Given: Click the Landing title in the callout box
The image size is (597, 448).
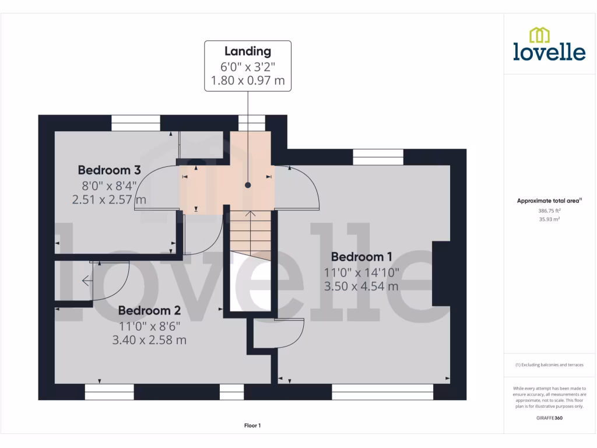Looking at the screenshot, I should click(248, 51).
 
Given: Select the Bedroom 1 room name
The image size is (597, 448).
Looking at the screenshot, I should click(361, 257).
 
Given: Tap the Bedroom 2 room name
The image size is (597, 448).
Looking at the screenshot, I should click(149, 310).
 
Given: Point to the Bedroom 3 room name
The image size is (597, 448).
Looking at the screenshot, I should click(110, 170).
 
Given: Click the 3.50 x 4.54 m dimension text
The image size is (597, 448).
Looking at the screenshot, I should click(361, 286).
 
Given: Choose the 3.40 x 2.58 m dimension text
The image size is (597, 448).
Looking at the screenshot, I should click(149, 339).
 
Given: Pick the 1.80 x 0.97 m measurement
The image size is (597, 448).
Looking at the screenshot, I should click(248, 80).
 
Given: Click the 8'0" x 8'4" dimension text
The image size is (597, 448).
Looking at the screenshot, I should click(109, 185).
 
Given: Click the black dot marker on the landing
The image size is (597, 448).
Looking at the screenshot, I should click(248, 185).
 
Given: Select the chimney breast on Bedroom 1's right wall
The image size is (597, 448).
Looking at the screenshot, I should click(441, 273).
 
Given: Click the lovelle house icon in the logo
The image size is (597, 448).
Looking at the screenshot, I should click(539, 35).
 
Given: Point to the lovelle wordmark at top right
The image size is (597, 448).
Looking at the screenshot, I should click(549, 51).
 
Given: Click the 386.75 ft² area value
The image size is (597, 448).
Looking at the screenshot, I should click(549, 211).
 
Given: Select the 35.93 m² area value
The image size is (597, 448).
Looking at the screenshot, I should click(549, 219).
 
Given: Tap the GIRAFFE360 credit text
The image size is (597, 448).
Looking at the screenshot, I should click(549, 418).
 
